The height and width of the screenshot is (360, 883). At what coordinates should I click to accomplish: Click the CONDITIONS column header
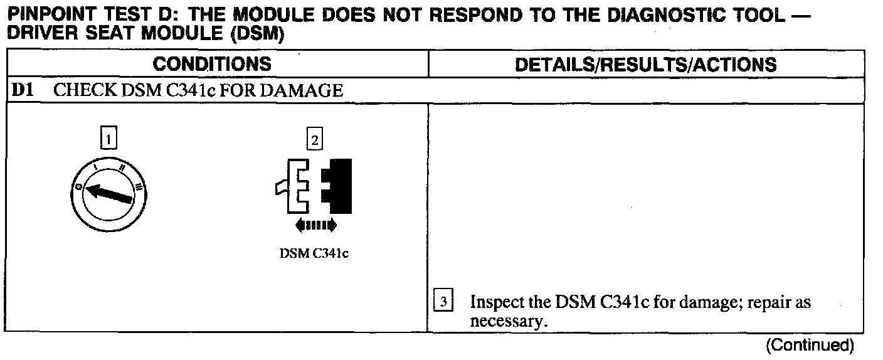point(213,64)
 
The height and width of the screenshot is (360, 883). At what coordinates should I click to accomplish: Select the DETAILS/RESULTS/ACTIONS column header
point(645,65)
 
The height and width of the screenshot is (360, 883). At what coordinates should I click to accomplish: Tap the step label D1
point(22,90)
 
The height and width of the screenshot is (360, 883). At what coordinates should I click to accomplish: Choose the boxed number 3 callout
point(443,303)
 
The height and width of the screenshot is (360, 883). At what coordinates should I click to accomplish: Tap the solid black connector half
point(338,186)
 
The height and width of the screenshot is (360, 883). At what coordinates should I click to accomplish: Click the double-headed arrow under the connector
point(315,225)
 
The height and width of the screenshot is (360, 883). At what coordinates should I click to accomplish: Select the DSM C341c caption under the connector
point(314,256)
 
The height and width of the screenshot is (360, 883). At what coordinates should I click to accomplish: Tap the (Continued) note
point(810,344)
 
